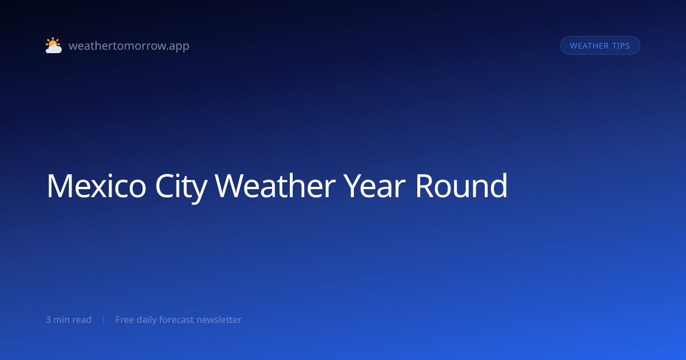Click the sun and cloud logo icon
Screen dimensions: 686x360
pyautogui.click(x=54, y=45)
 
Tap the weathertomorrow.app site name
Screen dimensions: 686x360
pyautogui.click(x=129, y=46)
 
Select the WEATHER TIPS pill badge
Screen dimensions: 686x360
pyautogui.click(x=600, y=46)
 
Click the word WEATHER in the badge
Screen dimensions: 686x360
pyautogui.click(x=589, y=46)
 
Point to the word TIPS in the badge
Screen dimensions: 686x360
pyautogui.click(x=621, y=46)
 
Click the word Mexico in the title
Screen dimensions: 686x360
pyautogui.click(x=96, y=186)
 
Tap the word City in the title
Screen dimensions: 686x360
pyautogui.click(x=181, y=187)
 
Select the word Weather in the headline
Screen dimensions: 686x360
pyautogui.click(x=275, y=186)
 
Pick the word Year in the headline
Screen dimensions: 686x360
pyautogui.click(x=374, y=186)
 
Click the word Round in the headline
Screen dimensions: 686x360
pyautogui.click(x=461, y=185)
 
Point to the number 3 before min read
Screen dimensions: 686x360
pyautogui.click(x=48, y=319)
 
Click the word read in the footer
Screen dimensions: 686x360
pyautogui.click(x=82, y=319)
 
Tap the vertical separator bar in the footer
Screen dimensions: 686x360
pyautogui.click(x=104, y=320)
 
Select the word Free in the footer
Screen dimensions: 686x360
pyautogui.click(x=125, y=319)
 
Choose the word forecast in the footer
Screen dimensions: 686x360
pyautogui.click(x=177, y=319)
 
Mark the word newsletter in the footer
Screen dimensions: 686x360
pyautogui.click(x=219, y=319)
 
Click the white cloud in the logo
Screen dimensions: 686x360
pyautogui.click(x=54, y=49)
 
